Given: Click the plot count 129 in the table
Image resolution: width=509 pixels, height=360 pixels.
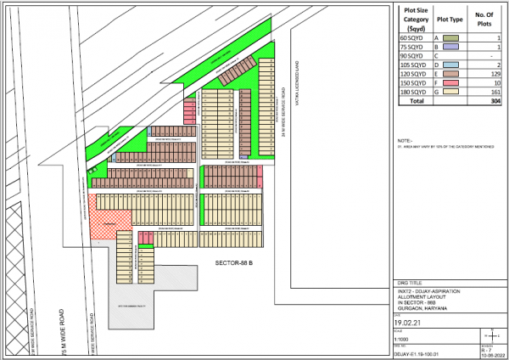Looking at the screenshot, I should click(x=495, y=74).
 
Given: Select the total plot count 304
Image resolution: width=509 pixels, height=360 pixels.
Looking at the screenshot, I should click(x=495, y=101).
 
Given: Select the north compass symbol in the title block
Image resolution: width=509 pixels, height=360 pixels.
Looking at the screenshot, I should click(x=487, y=338).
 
